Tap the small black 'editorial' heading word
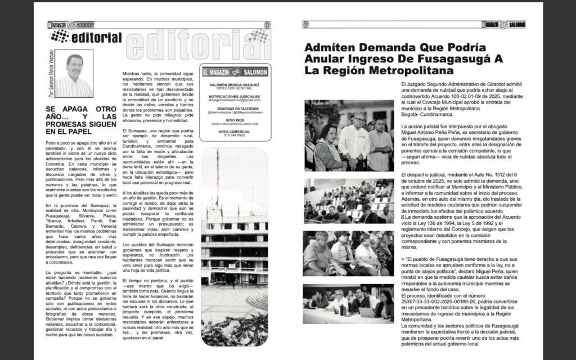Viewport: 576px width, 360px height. pos(97,38)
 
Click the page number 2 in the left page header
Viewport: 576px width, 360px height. pos(267,24)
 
